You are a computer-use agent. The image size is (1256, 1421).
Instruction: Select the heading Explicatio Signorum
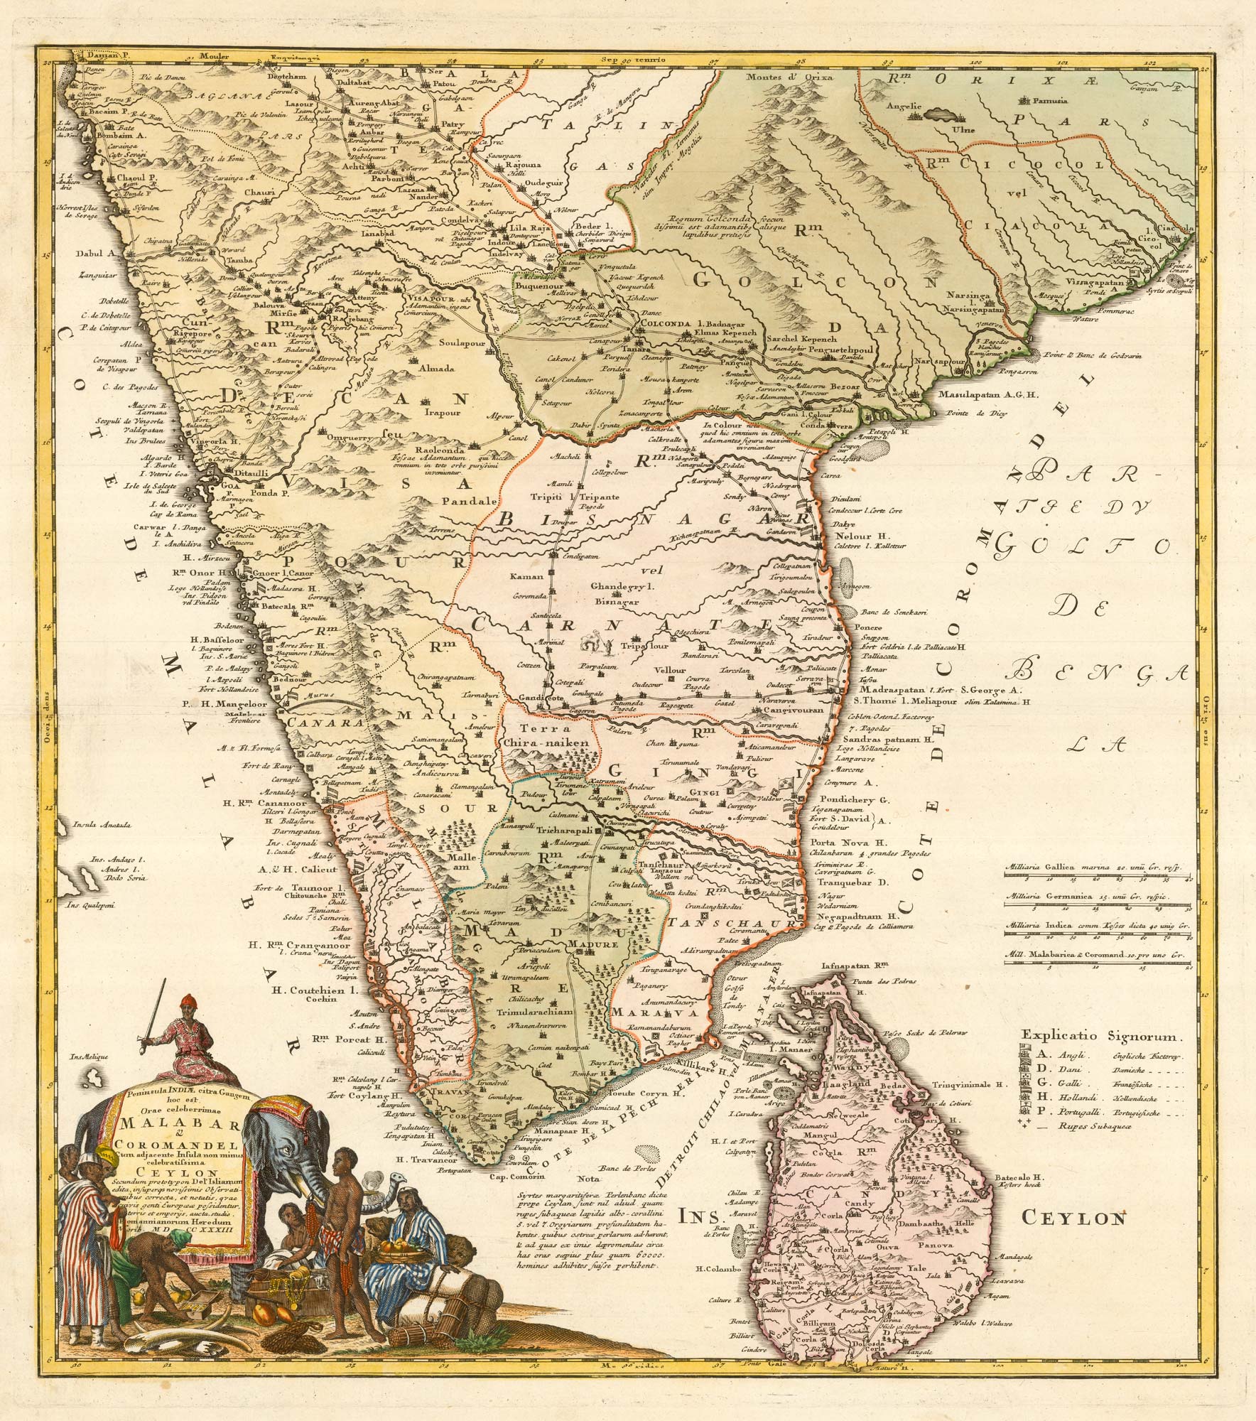tap(1100, 1037)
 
